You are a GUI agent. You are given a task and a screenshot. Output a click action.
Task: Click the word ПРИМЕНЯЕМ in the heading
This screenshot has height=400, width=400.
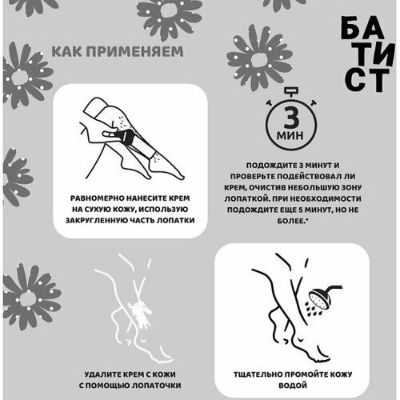(x=135, y=51)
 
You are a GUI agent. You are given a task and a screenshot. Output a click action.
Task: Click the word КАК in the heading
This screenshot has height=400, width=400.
(x=67, y=51)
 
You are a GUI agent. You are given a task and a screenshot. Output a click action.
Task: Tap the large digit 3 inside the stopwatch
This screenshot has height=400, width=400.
(x=291, y=118)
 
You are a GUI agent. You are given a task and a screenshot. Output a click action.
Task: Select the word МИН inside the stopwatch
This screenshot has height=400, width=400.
(x=290, y=135)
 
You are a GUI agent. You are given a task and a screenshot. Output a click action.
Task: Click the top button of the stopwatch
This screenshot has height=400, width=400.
(x=291, y=91)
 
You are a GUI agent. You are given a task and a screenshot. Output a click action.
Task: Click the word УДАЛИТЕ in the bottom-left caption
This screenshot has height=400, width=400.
(x=103, y=374)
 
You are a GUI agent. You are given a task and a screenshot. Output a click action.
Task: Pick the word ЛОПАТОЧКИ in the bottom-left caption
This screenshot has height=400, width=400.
(x=157, y=386)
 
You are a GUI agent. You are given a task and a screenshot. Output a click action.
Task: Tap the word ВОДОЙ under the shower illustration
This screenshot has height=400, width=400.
(x=293, y=386)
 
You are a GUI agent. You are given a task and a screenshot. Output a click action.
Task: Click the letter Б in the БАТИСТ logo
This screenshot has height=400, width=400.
(x=350, y=27)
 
